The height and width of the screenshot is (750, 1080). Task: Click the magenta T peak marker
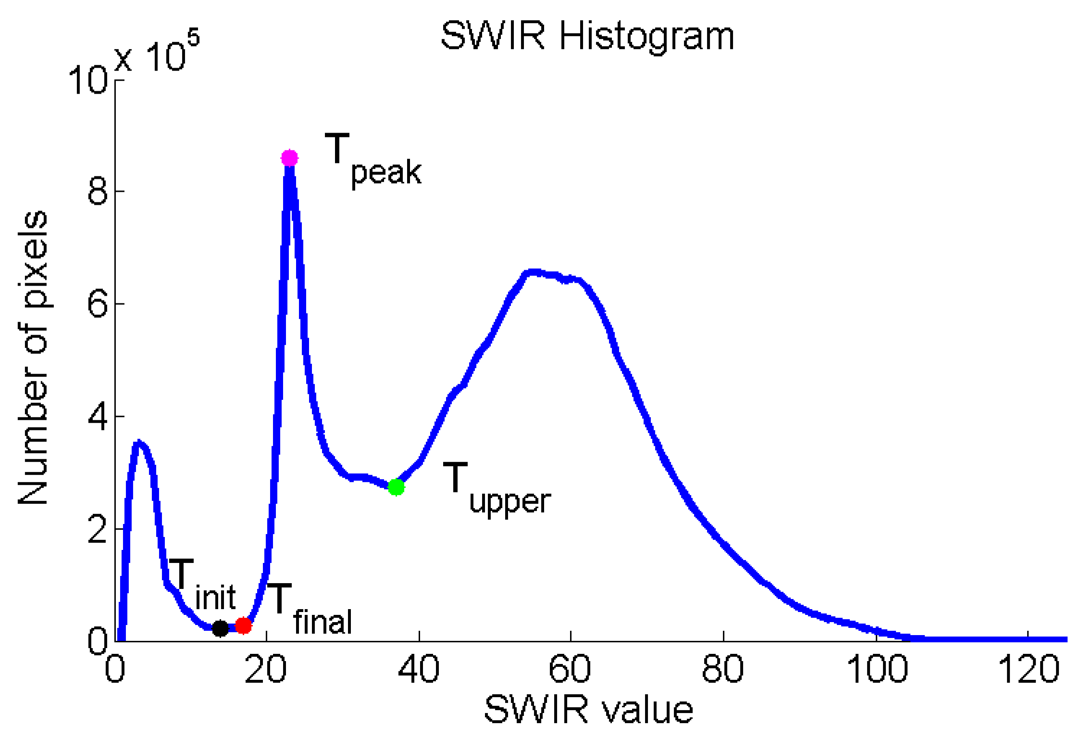[289, 158]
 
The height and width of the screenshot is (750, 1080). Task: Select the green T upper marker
[396, 487]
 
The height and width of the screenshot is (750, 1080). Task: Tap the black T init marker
[220, 628]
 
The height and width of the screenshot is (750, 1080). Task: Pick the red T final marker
[244, 625]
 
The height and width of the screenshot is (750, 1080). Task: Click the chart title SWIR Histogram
[587, 36]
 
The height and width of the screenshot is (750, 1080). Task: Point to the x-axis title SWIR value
[588, 710]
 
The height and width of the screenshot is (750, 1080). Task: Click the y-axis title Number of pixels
[33, 358]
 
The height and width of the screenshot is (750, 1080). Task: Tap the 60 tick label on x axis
[570, 669]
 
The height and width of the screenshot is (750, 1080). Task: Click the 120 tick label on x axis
[1028, 669]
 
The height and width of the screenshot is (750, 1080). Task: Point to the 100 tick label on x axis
[876, 669]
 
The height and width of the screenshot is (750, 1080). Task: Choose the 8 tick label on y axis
[98, 191]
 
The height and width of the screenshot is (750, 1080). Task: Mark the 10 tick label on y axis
[87, 79]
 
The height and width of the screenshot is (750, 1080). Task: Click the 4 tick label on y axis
[98, 416]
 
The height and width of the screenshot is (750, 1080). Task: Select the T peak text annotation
[373, 160]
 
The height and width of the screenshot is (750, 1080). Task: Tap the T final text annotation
[310, 609]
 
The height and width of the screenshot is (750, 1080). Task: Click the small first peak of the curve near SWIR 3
[139, 443]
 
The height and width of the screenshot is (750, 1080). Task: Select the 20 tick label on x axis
[265, 669]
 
